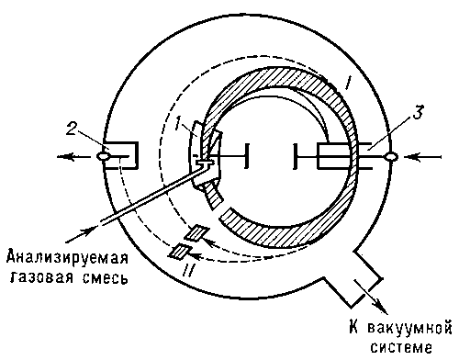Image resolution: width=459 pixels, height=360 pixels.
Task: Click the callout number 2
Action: [x=72, y=129]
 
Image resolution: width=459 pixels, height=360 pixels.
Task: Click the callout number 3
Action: [x=418, y=112]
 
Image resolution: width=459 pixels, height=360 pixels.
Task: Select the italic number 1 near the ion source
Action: [x=178, y=123]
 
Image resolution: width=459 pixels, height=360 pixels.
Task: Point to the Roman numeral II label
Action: [x=189, y=270]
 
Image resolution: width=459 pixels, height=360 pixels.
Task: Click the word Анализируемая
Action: [x=67, y=258]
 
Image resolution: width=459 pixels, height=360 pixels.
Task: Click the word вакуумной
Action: [x=409, y=329]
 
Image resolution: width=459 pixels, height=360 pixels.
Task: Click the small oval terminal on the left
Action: [x=103, y=156]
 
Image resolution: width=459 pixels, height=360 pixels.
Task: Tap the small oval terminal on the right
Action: [x=391, y=157]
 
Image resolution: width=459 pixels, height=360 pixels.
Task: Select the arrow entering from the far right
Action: [x=422, y=157]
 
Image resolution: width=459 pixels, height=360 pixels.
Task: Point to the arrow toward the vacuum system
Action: [x=370, y=296]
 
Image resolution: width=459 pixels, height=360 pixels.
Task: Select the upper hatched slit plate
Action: [x=196, y=232]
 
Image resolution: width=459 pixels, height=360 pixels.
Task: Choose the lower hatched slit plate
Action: [x=181, y=252]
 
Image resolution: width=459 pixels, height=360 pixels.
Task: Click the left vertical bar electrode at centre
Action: [x=247, y=155]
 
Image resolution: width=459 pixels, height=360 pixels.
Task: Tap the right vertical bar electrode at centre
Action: [x=295, y=156]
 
